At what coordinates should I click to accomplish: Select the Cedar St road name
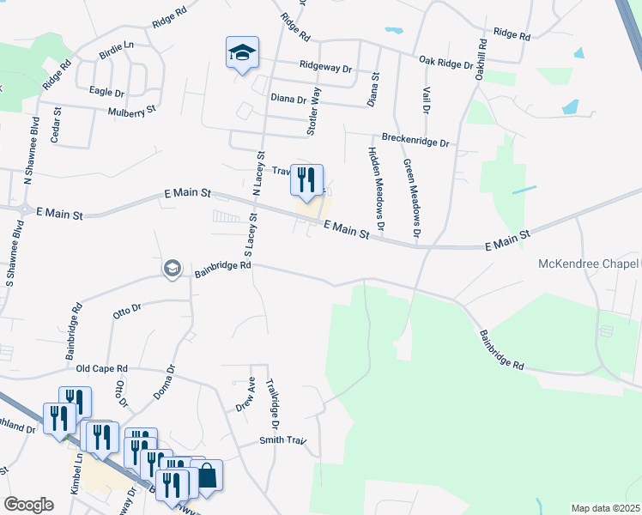point(57,124)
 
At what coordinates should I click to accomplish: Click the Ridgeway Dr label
point(326,66)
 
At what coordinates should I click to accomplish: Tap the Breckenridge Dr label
point(415,141)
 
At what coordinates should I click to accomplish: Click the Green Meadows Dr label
point(411,197)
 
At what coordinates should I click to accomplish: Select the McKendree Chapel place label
point(589,263)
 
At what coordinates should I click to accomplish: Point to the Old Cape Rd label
point(101,367)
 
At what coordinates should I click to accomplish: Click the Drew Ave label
point(245,394)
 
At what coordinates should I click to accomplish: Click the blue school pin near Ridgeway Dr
point(242,52)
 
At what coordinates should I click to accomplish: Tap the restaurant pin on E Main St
point(306,180)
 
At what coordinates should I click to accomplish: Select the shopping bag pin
point(206,476)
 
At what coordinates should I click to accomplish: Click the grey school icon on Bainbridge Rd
point(172,269)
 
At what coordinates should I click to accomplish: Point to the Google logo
point(28,505)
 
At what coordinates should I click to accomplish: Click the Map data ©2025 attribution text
point(605,508)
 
